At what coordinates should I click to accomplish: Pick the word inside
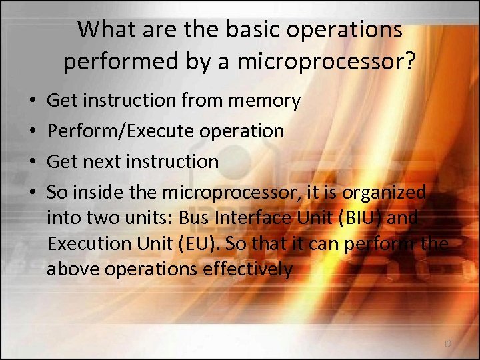point(93,193)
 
